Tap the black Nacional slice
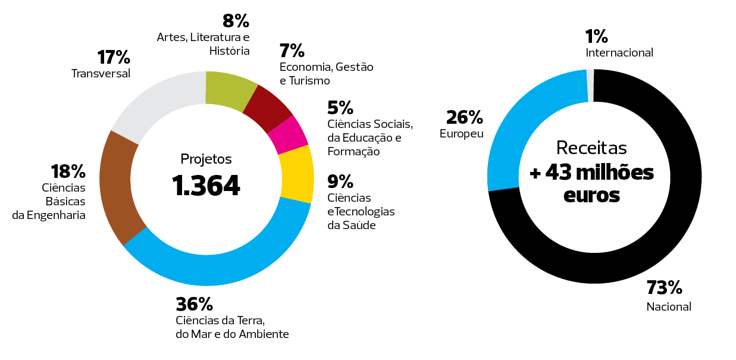click(654, 238)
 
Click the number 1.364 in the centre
click(206, 186)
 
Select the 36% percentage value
click(194, 305)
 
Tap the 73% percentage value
click(664, 289)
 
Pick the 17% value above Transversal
click(113, 58)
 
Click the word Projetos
click(206, 159)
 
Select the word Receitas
click(591, 148)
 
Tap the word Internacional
click(619, 53)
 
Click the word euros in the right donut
click(591, 195)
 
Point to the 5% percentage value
click(340, 108)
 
